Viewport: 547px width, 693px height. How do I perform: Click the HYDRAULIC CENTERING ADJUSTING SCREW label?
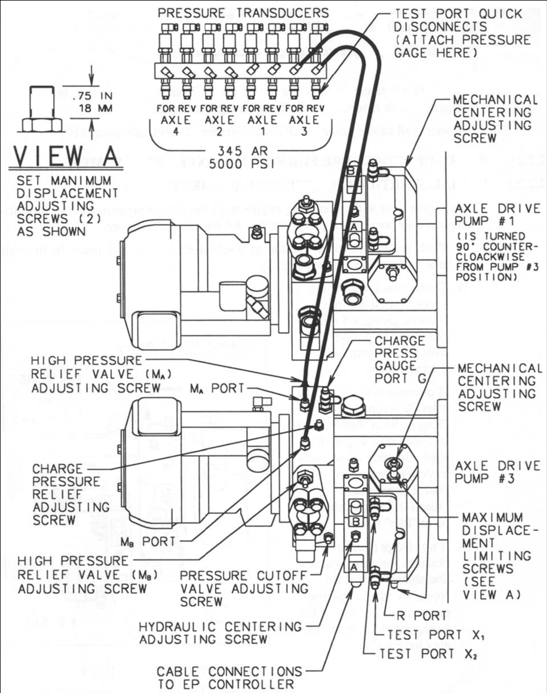220,633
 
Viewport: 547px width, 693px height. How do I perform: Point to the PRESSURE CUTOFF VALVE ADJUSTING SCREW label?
238,588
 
